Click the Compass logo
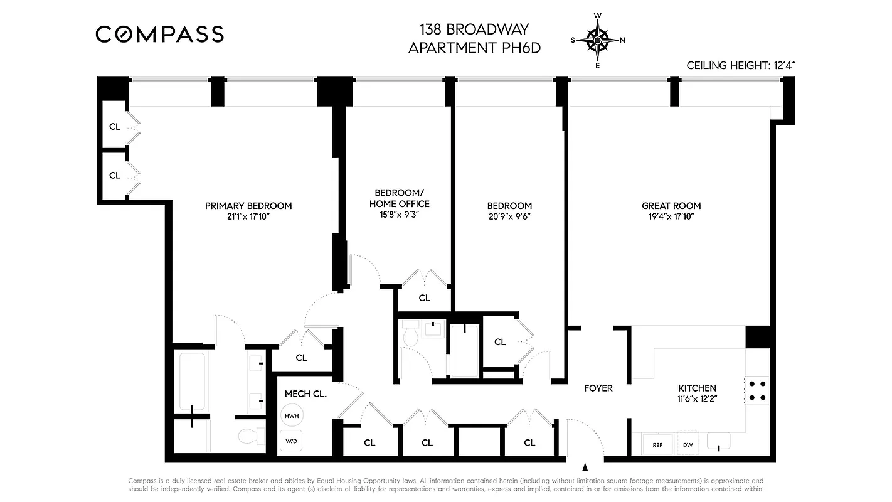coord(159,34)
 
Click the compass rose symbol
coord(597,40)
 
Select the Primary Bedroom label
coord(248,206)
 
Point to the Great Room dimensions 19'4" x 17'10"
coord(671,217)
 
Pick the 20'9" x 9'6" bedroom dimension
coord(509,217)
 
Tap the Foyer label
coord(598,388)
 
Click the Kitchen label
coord(697,388)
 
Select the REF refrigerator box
coord(657,445)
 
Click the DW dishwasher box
coord(688,445)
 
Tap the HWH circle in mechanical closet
coord(291,416)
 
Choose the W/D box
coord(291,441)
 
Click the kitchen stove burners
coord(757,390)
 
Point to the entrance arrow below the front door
coord(585,467)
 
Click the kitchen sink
coord(719,442)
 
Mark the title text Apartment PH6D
coord(474,48)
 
